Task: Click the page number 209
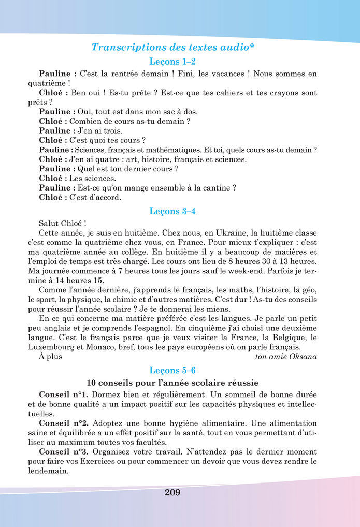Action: (172, 492)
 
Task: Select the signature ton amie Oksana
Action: (286, 357)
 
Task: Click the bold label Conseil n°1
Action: (63, 395)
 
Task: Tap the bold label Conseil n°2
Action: (63, 423)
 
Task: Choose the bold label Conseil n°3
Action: (63, 451)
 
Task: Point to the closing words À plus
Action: (50, 357)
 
